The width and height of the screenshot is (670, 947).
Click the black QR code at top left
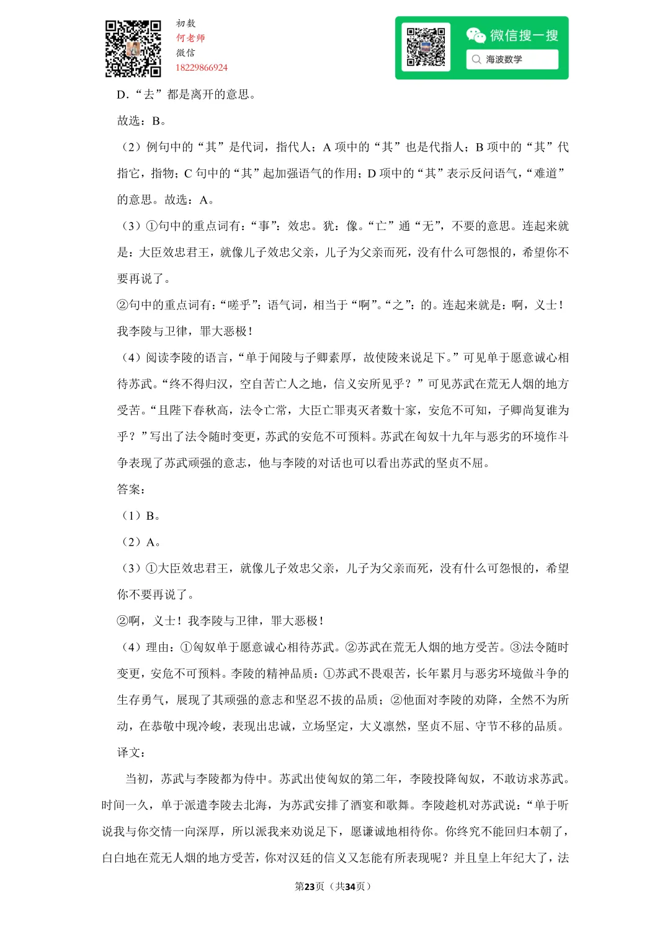click(x=133, y=48)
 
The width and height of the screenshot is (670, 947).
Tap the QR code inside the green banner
click(x=426, y=47)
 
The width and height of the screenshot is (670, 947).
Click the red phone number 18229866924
click(x=202, y=68)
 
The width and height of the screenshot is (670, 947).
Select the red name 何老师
click(x=190, y=38)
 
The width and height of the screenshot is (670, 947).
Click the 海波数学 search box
click(x=512, y=60)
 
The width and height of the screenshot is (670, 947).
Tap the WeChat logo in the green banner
click(x=476, y=35)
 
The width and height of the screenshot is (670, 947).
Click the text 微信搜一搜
click(x=524, y=35)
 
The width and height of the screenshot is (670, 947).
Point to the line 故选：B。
click(x=141, y=120)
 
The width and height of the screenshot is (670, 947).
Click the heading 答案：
click(x=132, y=489)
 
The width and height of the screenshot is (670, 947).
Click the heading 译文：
click(x=132, y=752)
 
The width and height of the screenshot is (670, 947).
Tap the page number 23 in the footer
click(x=310, y=886)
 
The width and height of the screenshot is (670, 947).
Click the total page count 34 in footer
click(x=350, y=886)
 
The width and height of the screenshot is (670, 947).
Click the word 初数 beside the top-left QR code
click(x=185, y=24)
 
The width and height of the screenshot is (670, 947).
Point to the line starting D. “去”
click(x=186, y=94)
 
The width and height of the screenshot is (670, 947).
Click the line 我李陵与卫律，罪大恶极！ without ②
click(x=185, y=331)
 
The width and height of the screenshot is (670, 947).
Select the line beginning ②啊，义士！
click(x=220, y=621)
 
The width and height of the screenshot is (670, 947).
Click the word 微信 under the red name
click(x=185, y=53)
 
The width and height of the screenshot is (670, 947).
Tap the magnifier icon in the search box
click(x=476, y=60)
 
